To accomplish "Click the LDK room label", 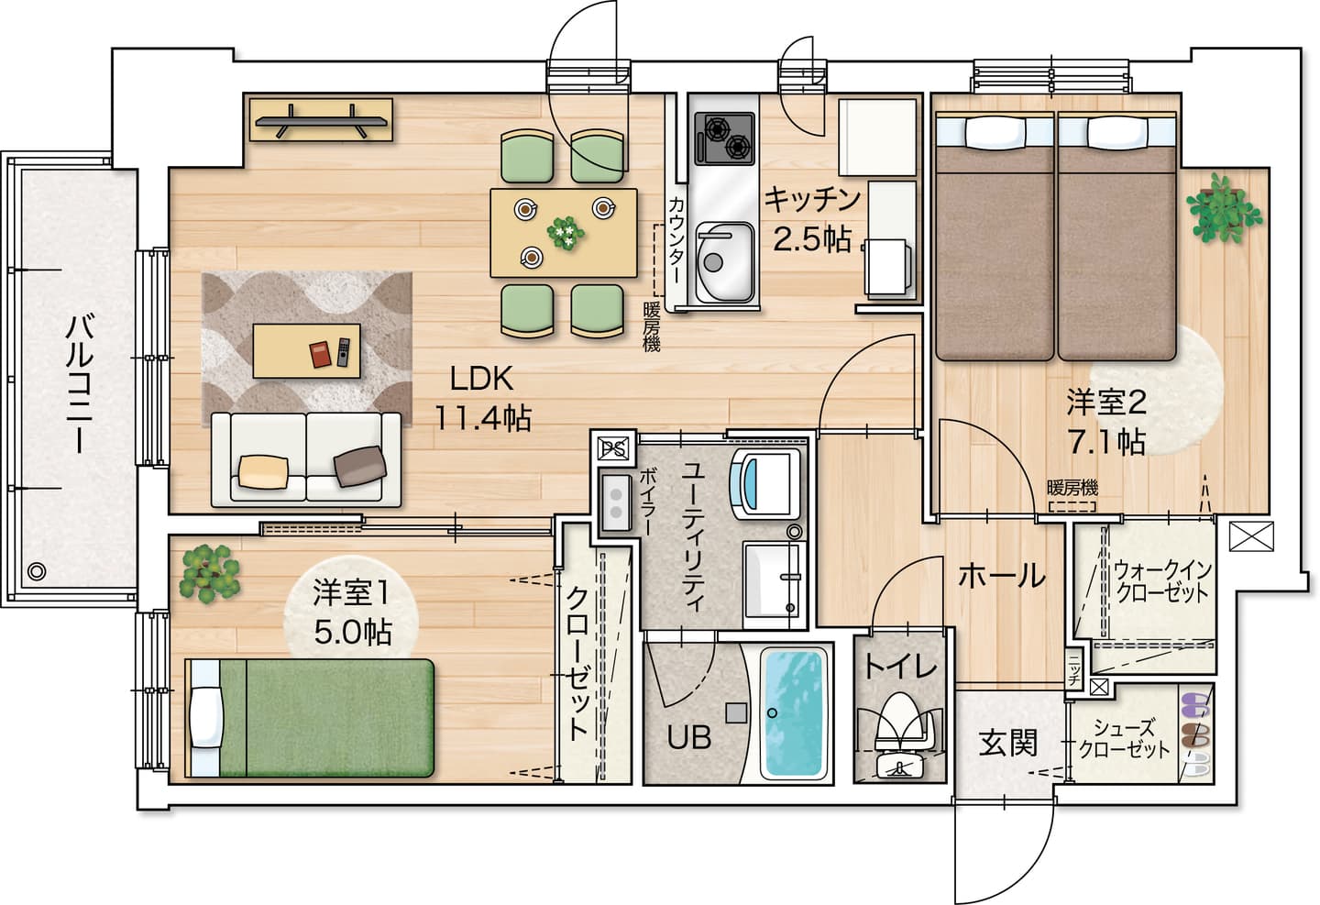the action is click(x=481, y=379).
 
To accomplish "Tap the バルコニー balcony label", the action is click(x=80, y=384).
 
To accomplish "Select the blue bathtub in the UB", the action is click(x=793, y=713).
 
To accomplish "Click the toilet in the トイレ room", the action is click(x=898, y=735).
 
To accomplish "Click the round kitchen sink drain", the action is click(x=713, y=262).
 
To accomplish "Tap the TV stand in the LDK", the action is click(x=321, y=120).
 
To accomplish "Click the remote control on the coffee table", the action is click(x=344, y=352).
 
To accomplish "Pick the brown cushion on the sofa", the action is click(x=360, y=466).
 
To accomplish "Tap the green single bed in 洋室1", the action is click(x=310, y=718).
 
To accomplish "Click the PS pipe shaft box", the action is click(x=613, y=448).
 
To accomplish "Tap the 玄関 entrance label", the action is click(x=1008, y=743).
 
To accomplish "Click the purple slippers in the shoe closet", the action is click(x=1195, y=704).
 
